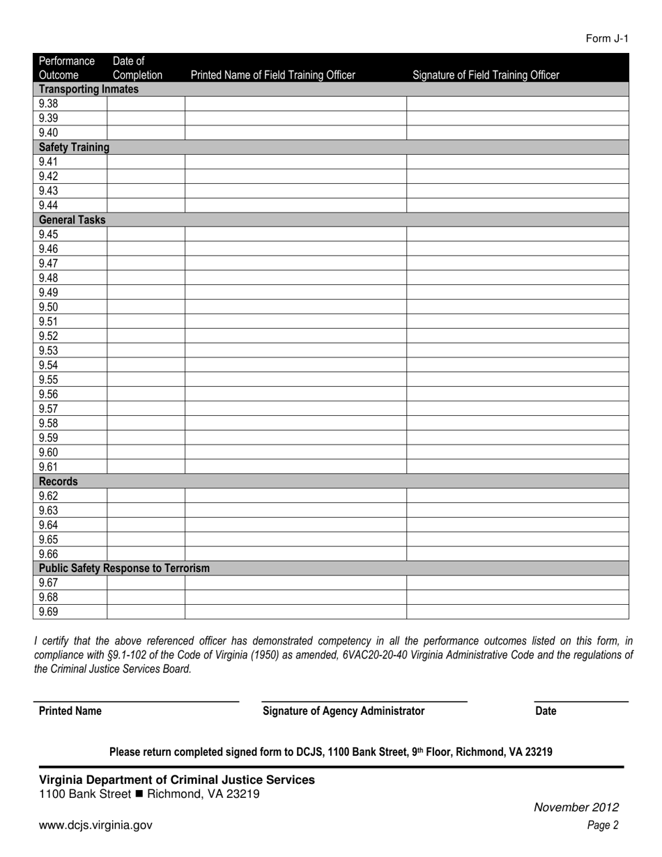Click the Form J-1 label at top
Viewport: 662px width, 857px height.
click(x=607, y=38)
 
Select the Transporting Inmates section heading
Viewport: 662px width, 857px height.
click(x=88, y=89)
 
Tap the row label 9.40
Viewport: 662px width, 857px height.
click(x=49, y=132)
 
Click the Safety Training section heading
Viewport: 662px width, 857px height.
click(x=74, y=147)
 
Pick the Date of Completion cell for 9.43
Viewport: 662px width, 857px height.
click(x=146, y=191)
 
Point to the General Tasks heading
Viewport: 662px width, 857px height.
click(x=72, y=220)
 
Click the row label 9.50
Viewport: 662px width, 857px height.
click(x=49, y=307)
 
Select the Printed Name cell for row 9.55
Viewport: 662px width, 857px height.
click(x=295, y=380)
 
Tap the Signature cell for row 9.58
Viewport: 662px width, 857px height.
click(x=518, y=424)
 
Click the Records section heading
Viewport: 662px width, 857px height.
click(x=59, y=481)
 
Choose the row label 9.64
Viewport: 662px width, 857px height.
click(x=49, y=525)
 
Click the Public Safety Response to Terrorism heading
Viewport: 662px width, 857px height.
click(x=124, y=569)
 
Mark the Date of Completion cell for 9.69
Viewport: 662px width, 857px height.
click(x=146, y=612)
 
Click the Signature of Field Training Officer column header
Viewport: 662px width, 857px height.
click(x=486, y=75)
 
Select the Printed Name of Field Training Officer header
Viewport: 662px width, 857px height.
click(x=272, y=75)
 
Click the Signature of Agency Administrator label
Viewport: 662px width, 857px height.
click(x=344, y=711)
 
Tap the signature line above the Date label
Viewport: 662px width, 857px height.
click(x=581, y=701)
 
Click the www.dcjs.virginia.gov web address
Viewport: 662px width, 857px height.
click(x=95, y=825)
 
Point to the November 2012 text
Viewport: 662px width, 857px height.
click(x=576, y=808)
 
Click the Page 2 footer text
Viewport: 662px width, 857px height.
click(x=603, y=826)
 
